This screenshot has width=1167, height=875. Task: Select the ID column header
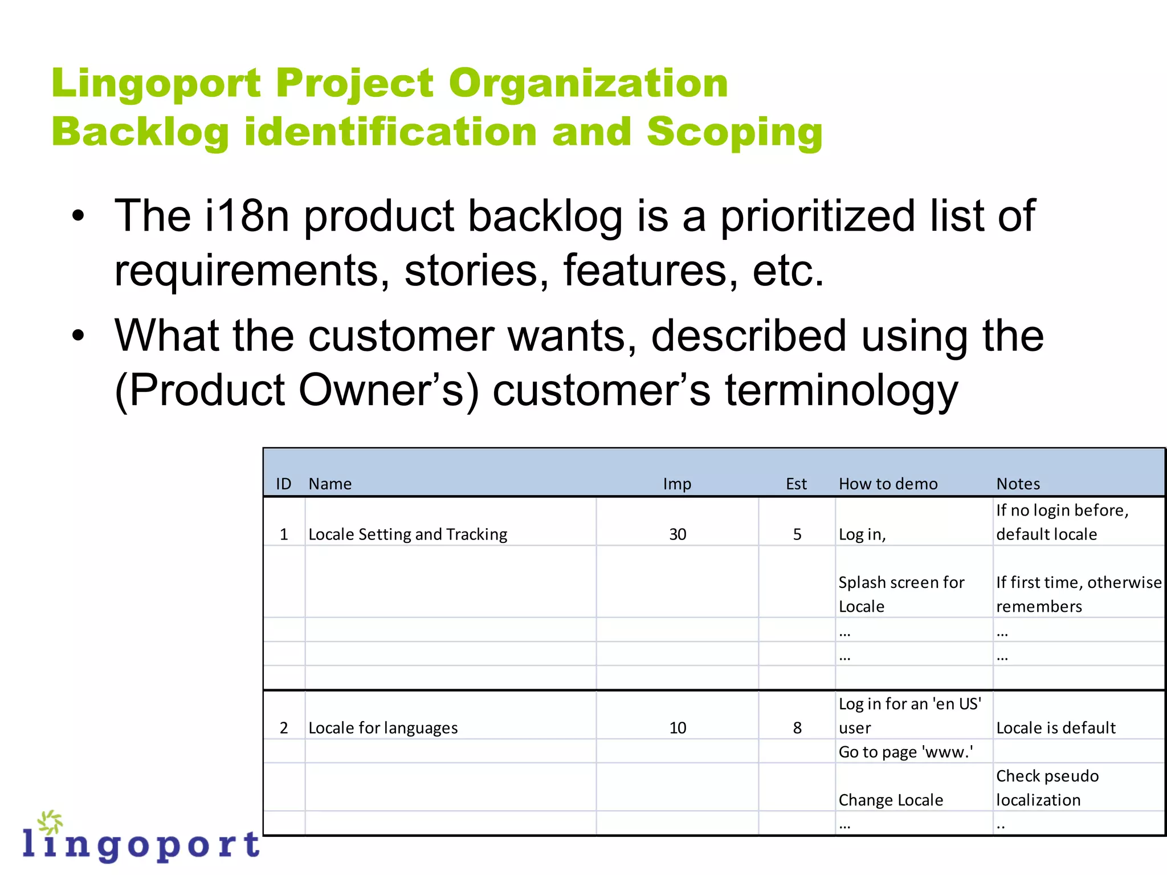[x=283, y=484]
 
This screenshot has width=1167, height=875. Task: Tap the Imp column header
[x=677, y=484]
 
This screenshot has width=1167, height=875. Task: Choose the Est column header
[x=796, y=484]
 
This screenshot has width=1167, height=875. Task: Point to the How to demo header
[x=888, y=484]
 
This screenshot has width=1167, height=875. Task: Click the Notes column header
[x=1018, y=484]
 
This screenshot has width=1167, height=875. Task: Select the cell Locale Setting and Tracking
[x=407, y=534]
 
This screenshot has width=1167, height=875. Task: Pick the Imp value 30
[x=678, y=534]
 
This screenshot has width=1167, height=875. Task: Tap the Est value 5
[x=797, y=534]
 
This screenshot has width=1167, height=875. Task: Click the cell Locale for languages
[x=383, y=728]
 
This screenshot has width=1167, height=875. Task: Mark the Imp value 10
[x=678, y=728]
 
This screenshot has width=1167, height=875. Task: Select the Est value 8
[x=797, y=728]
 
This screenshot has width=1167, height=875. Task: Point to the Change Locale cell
[x=891, y=800]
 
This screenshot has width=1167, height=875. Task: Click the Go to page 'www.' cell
[x=905, y=752]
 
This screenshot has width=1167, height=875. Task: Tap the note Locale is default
[x=1055, y=728]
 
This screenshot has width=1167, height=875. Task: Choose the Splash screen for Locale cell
[x=901, y=594]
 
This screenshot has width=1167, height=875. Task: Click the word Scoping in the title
[x=735, y=132]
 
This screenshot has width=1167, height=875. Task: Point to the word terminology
[x=841, y=391]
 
